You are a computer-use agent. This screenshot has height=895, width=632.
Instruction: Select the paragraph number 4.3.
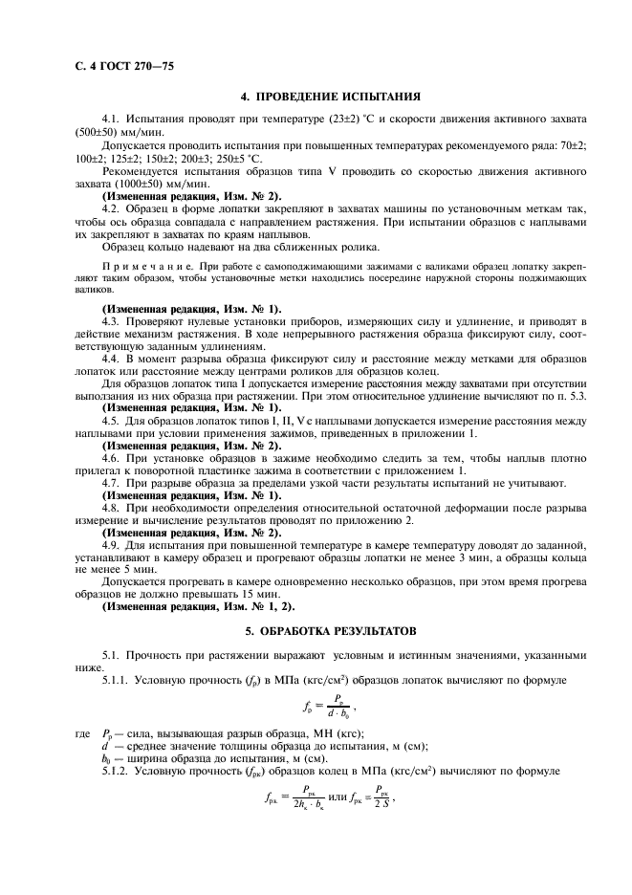point(112,322)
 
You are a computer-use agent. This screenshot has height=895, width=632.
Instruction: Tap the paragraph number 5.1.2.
point(120,770)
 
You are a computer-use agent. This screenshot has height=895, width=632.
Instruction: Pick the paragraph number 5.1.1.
point(120,680)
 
